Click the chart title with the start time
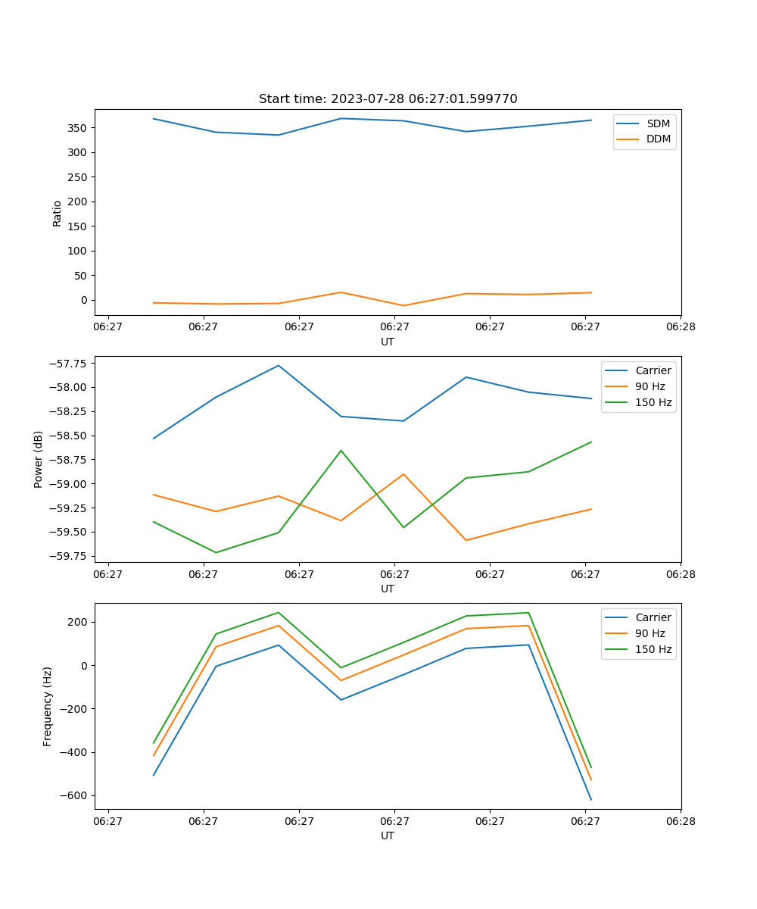[388, 99]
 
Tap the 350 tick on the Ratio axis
[79, 128]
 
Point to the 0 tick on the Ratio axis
[84, 300]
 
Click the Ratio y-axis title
[58, 213]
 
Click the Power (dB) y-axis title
[39, 460]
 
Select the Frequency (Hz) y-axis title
[48, 707]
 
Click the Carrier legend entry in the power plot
[652, 370]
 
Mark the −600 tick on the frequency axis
[73, 795]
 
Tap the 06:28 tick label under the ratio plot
[680, 327]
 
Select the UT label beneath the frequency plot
[388, 836]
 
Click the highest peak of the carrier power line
[279, 365]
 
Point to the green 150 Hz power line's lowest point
[217, 552]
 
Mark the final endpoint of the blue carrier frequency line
[591, 800]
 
